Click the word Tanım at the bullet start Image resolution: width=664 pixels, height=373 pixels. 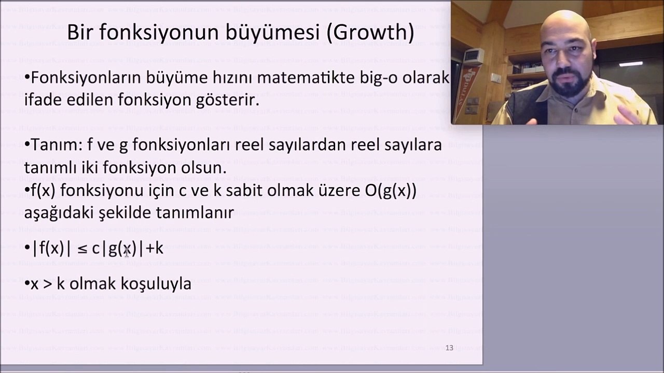coord(54,145)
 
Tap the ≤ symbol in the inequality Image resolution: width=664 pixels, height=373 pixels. coord(82,249)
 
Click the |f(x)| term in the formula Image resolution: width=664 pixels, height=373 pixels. coord(51,249)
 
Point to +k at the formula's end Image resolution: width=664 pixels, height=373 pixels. coord(154,249)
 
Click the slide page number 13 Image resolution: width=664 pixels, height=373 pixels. coord(449,348)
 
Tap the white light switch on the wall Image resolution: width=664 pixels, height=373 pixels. coord(496,78)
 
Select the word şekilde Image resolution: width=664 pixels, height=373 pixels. coord(133,212)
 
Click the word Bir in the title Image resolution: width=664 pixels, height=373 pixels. coord(80,33)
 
